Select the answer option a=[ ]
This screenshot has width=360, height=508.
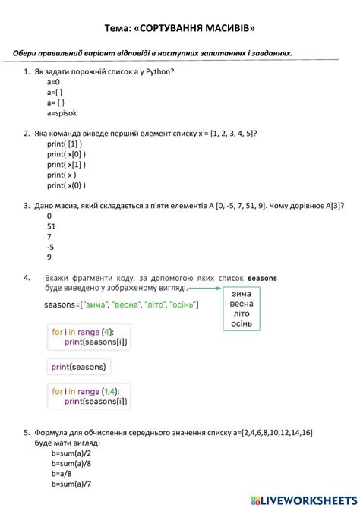55,92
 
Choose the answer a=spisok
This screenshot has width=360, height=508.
62,113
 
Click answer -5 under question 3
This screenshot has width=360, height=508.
51,246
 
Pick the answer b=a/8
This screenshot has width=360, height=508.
62,473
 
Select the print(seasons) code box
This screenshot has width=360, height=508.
79,367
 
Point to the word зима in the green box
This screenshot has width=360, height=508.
241,294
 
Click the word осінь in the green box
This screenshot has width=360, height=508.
241,323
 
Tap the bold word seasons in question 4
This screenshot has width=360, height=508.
263,279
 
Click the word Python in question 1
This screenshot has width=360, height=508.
156,71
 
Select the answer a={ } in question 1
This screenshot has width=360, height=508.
55,103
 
